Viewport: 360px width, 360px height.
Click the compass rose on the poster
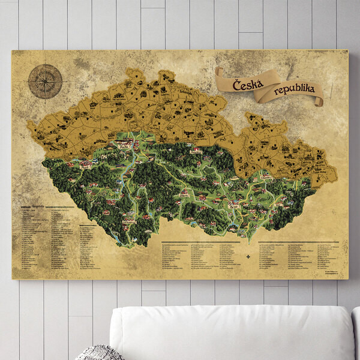(45, 81)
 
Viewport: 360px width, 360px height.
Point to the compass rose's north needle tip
(45, 65)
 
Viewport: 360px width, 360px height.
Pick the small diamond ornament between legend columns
(247, 257)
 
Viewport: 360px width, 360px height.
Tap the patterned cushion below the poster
(99, 353)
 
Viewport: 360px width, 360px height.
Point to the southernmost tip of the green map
(129, 247)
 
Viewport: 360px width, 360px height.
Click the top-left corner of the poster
(12, 51)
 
